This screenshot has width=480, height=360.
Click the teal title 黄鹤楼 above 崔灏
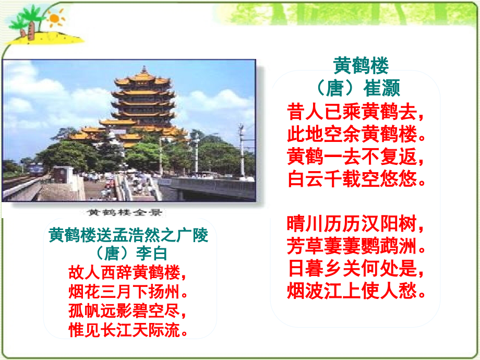pos(361,66)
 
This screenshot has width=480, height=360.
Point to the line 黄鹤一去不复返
pos(356,157)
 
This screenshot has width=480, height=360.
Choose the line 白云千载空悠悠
pos(356,179)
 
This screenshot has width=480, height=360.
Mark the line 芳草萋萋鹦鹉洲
pos(356,246)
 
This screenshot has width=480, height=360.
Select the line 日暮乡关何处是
pos(356,269)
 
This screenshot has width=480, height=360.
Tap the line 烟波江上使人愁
pos(356,291)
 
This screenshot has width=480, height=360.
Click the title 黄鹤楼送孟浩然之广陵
pos(128,235)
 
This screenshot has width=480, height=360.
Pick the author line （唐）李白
pos(128,254)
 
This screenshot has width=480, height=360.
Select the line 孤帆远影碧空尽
pos(128,311)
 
